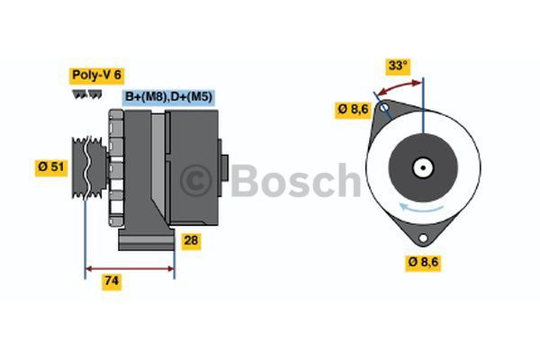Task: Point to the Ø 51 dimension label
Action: tap(50, 166)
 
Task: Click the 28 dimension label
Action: tap(189, 240)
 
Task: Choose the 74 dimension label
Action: tap(112, 281)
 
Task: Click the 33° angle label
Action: tap(397, 66)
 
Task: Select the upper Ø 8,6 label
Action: tap(354, 109)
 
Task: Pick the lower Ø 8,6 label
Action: tap(423, 262)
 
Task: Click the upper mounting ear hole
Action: tap(384, 112)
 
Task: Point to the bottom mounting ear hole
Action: tap(423, 238)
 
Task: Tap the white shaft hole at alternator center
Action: tap(422, 167)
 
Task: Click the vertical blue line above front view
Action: tap(422, 103)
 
